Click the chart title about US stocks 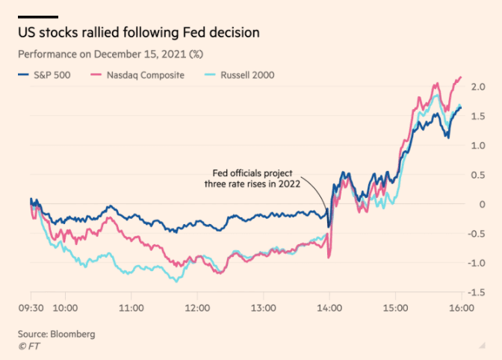click(x=139, y=34)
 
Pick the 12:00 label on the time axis click(x=197, y=307)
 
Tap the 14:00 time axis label click(x=329, y=307)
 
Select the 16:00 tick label click(x=460, y=307)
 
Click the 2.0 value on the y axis click(x=478, y=87)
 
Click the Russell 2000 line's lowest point click(x=176, y=282)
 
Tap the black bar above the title click(x=38, y=16)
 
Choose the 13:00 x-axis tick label click(x=263, y=307)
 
